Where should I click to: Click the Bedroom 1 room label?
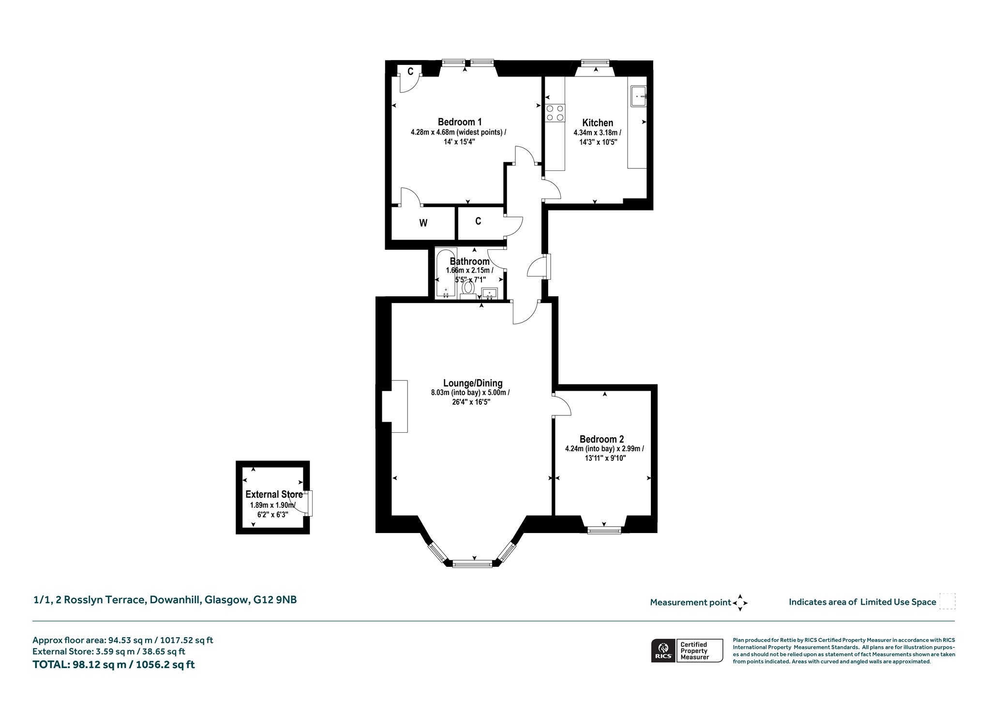pos(460,122)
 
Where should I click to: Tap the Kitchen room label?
pos(598,123)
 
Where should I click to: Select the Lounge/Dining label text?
pos(473,383)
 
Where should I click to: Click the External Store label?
pos(274,494)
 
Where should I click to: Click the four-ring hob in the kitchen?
pos(555,113)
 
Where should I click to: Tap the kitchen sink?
pos(638,96)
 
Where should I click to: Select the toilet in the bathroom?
pos(467,289)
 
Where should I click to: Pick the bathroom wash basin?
pos(490,293)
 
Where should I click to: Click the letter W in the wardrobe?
pos(423,223)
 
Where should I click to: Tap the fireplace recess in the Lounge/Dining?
pos(394,406)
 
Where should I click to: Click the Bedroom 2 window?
pos(604,531)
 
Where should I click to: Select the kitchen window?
pos(595,62)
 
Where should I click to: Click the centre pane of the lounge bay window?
pos(472,564)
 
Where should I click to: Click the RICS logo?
pos(663,650)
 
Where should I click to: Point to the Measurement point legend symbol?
pos(740,603)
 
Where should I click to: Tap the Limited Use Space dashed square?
pos(947,601)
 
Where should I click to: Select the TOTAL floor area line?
pos(114,665)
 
